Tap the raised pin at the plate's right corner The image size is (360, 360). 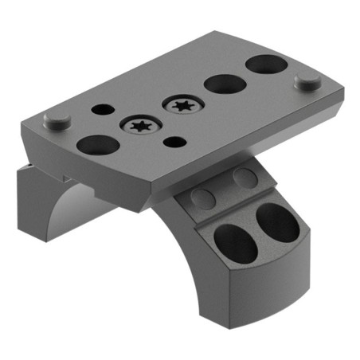pos(306,80)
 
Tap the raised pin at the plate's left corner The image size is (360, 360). pos(55,120)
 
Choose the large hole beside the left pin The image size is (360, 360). pos(96,145)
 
